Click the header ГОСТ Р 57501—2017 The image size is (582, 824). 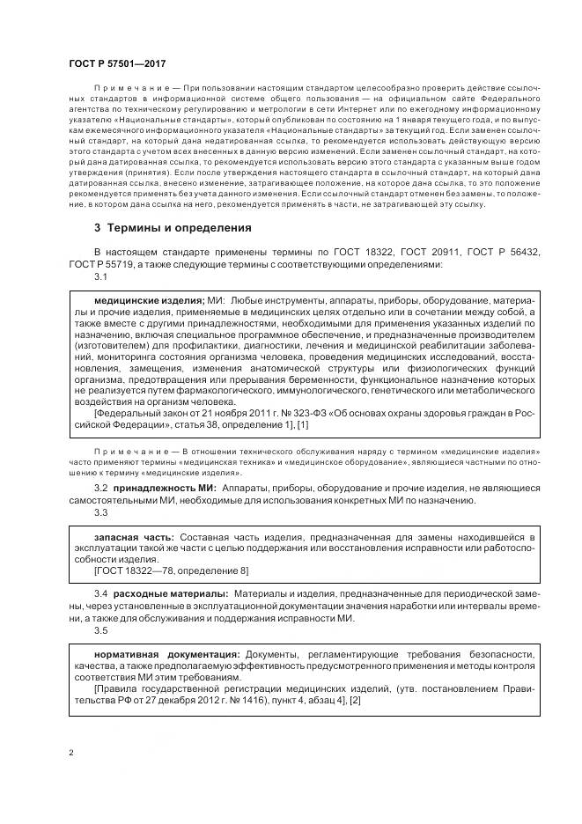tap(116, 64)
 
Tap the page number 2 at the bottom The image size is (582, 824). tap(71, 753)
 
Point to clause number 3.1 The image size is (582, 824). tap(100, 277)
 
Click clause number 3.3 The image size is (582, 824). tap(100, 512)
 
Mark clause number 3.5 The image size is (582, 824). tap(100, 630)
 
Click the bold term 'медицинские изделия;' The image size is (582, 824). tap(149, 300)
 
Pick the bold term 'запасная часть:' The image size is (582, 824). tap(134, 536)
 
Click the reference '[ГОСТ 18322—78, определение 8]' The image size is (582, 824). tap(171, 570)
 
